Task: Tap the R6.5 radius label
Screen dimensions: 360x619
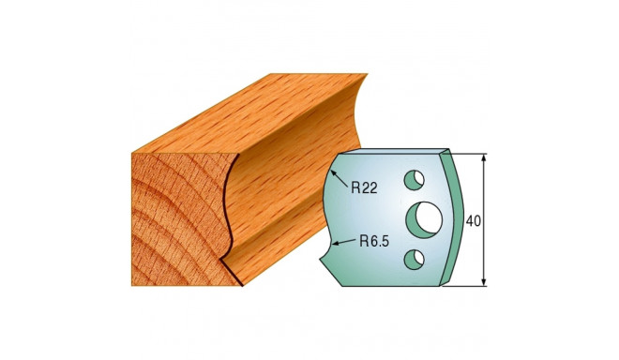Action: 375,240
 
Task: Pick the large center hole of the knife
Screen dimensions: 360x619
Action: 423,218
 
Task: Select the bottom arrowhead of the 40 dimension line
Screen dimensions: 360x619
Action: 484,282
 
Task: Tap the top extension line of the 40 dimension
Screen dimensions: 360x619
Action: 469,152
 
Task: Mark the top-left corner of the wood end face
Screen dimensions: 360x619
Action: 130,151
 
